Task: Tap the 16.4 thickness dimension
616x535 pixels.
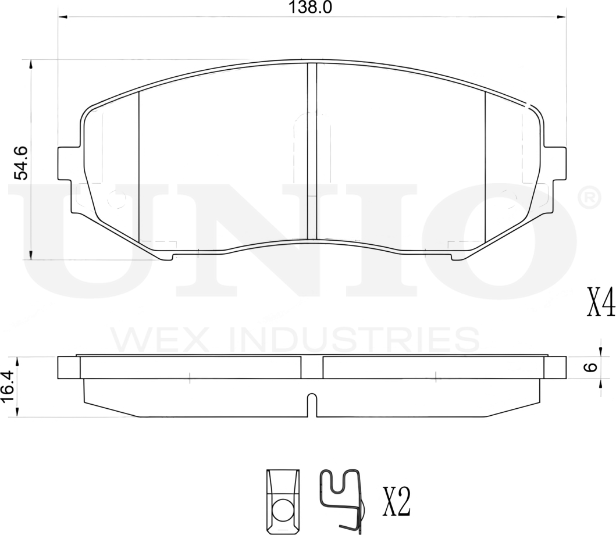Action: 8,387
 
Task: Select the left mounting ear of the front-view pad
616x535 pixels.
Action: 69,164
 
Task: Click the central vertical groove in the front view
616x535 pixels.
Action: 312,151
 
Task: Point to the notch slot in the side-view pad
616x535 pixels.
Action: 312,404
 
